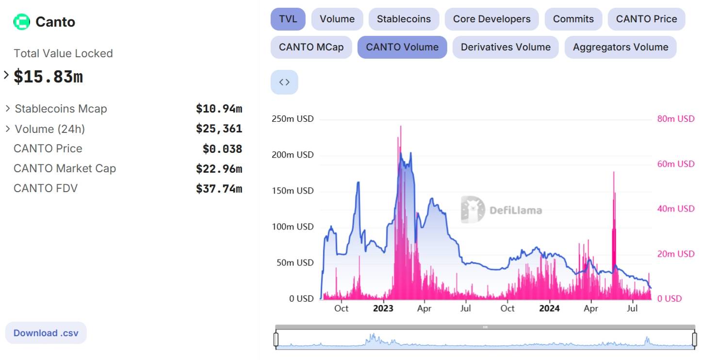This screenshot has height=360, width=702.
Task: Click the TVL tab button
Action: (x=288, y=19)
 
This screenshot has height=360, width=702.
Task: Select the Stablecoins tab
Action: (x=404, y=19)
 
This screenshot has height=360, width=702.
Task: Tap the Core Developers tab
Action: (x=491, y=19)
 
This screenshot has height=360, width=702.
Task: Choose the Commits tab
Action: (x=573, y=19)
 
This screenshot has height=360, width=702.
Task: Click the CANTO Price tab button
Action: (x=646, y=19)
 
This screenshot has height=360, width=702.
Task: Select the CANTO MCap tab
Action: (x=311, y=48)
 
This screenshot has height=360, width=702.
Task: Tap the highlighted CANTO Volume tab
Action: (x=402, y=48)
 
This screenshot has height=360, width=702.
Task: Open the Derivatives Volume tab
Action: (x=506, y=48)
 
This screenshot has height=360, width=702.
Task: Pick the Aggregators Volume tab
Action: (x=620, y=48)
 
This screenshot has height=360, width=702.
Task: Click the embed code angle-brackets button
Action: (x=284, y=82)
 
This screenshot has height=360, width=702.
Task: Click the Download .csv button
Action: (x=46, y=333)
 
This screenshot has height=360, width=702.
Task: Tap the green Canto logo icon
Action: (x=22, y=22)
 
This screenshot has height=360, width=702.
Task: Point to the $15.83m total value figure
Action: (x=48, y=77)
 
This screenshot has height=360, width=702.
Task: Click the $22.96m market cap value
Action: (x=219, y=169)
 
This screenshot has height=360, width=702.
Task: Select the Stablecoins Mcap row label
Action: (x=61, y=109)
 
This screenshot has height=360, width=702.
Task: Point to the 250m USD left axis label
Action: (x=293, y=119)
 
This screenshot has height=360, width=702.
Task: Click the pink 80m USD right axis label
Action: (x=676, y=119)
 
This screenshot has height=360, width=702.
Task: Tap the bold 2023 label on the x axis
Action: (x=383, y=308)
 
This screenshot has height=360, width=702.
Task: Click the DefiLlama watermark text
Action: (x=516, y=210)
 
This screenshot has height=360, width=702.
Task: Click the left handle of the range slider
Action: (x=276, y=339)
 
